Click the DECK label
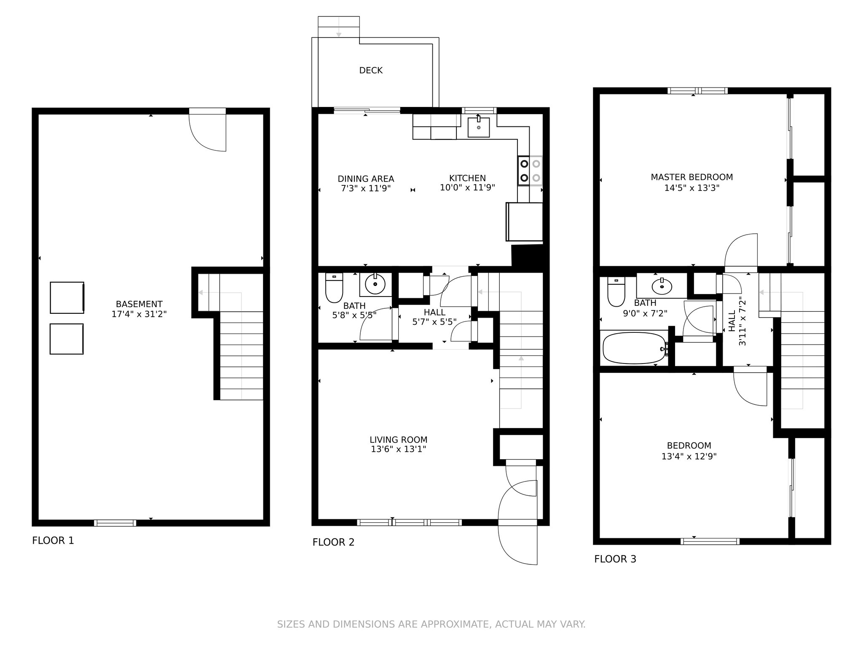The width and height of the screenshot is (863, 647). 371,70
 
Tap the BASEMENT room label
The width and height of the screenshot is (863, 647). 139,304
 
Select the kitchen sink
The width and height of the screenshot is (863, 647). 479,128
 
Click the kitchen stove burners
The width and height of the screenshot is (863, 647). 530,171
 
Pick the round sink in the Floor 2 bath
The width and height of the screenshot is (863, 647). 375,285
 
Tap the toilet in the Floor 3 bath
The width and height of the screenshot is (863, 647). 616,291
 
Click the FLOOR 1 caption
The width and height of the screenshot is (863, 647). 53,540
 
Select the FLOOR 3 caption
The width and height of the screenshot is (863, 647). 615,559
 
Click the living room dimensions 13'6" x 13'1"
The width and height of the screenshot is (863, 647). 399,449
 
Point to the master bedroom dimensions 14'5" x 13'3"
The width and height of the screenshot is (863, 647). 692,188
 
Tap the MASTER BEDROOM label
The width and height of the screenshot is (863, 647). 692,177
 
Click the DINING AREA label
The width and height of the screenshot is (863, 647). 366,179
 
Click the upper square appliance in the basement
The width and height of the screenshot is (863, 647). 67,298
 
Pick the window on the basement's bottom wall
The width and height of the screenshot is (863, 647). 115,523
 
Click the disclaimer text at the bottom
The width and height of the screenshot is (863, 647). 431,624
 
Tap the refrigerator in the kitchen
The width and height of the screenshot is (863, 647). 524,222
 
